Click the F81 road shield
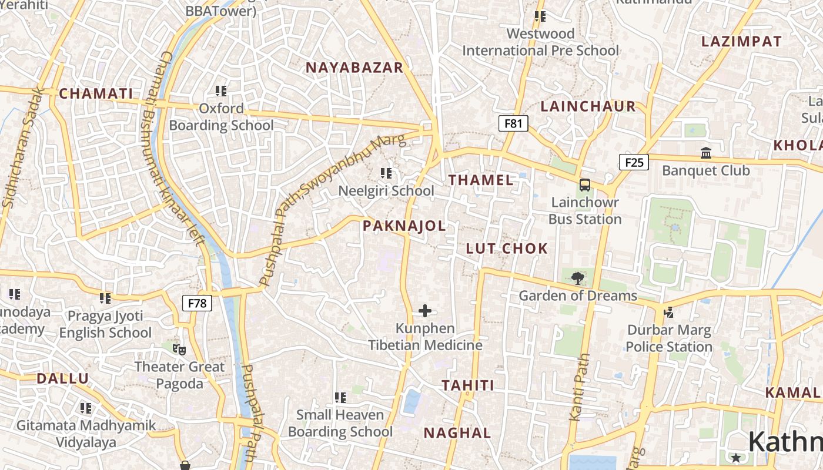(513, 123)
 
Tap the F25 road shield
(634, 162)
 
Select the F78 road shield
(197, 303)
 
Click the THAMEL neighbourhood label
(481, 180)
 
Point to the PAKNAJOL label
(404, 226)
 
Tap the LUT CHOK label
(507, 249)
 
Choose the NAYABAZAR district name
(354, 68)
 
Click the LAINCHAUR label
(588, 106)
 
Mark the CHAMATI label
(96, 93)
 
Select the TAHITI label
(468, 385)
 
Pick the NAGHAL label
(457, 433)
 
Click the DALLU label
(62, 378)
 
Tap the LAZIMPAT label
(741, 41)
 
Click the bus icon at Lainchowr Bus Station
(585, 185)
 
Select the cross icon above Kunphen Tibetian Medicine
(425, 311)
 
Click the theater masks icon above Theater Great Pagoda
(179, 350)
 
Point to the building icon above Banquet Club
(706, 153)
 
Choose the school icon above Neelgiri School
(386, 173)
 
